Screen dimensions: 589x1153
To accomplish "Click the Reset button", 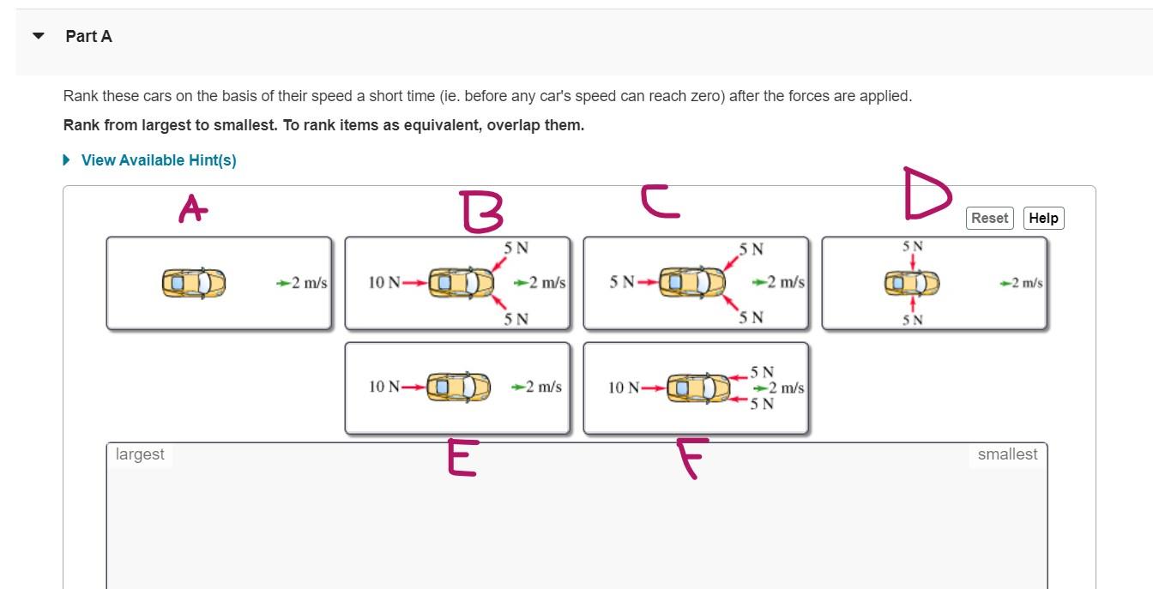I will pyautogui.click(x=989, y=218).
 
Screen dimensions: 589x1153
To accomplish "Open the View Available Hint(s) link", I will pyautogui.click(x=158, y=160).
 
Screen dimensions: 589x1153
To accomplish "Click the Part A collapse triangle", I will pyautogui.click(x=38, y=36).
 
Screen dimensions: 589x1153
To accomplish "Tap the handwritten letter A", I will pyautogui.click(x=192, y=208).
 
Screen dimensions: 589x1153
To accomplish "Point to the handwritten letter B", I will pyautogui.click(x=481, y=212).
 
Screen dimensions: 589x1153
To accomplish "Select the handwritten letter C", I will pyautogui.click(x=660, y=203).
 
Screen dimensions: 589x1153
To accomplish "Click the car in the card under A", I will pyautogui.click(x=194, y=283).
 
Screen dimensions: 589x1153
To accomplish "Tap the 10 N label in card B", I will pyautogui.click(x=383, y=283).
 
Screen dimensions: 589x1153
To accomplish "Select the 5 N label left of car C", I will pyautogui.click(x=622, y=282).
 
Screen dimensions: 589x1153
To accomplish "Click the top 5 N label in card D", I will pyautogui.click(x=913, y=246).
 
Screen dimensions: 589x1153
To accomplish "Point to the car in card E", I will pyautogui.click(x=458, y=388).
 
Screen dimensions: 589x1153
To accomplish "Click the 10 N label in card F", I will pyautogui.click(x=623, y=388).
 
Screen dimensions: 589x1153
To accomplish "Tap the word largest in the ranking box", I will pyautogui.click(x=140, y=454).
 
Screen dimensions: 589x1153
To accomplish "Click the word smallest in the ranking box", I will pyautogui.click(x=1007, y=454).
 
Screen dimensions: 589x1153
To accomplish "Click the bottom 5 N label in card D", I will pyautogui.click(x=913, y=320).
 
